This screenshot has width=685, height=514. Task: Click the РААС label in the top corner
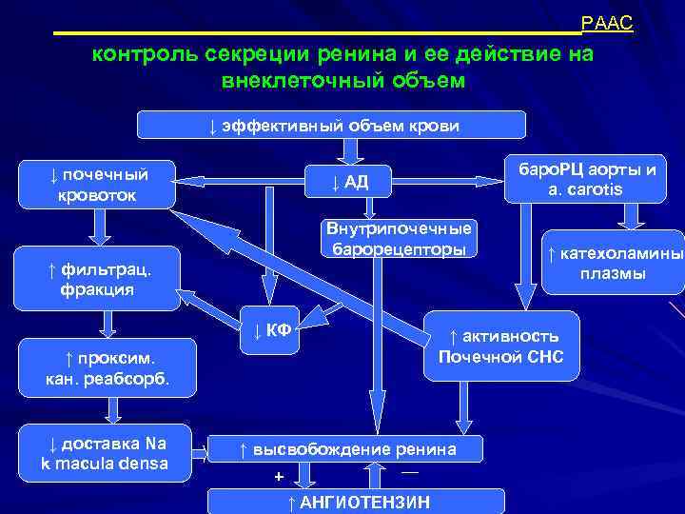[607, 24]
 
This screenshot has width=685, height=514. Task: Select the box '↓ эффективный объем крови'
[332, 126]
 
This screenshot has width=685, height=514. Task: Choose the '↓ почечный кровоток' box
[99, 185]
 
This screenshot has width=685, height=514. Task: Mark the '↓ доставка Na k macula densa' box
[105, 452]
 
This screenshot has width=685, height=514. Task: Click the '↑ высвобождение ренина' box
[347, 449]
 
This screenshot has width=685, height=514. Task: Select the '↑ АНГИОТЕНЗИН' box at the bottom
[358, 502]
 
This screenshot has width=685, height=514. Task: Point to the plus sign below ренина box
[279, 476]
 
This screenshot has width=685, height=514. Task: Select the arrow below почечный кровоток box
[99, 227]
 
